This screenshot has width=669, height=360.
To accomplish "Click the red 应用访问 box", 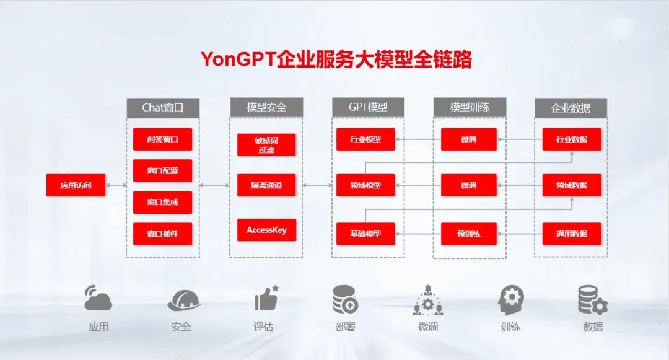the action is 76,185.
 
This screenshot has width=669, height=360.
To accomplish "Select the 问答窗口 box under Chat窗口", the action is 162,139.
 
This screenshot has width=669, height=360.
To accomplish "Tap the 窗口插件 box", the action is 162,234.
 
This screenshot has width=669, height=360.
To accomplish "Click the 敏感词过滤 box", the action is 266,145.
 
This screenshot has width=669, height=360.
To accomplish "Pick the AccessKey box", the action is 266,230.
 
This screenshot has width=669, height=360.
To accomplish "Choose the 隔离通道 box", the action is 266,185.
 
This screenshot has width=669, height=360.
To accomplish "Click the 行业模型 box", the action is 365,139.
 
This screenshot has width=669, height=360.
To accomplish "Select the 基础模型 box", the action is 365,234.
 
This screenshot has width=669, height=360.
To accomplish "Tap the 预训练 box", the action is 469,234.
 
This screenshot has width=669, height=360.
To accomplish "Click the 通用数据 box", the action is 572,234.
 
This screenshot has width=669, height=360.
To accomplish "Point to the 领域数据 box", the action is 572,185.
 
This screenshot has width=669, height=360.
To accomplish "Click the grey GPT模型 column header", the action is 368,107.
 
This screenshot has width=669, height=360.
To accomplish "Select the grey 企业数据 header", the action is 571,108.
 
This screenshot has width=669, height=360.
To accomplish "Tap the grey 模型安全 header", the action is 266,107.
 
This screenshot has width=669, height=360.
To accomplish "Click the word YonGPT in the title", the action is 238,59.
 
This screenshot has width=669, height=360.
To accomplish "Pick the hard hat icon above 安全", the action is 184,301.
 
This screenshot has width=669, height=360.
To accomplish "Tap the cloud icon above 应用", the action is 98,297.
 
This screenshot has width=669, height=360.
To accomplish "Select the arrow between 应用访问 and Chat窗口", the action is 116,185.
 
